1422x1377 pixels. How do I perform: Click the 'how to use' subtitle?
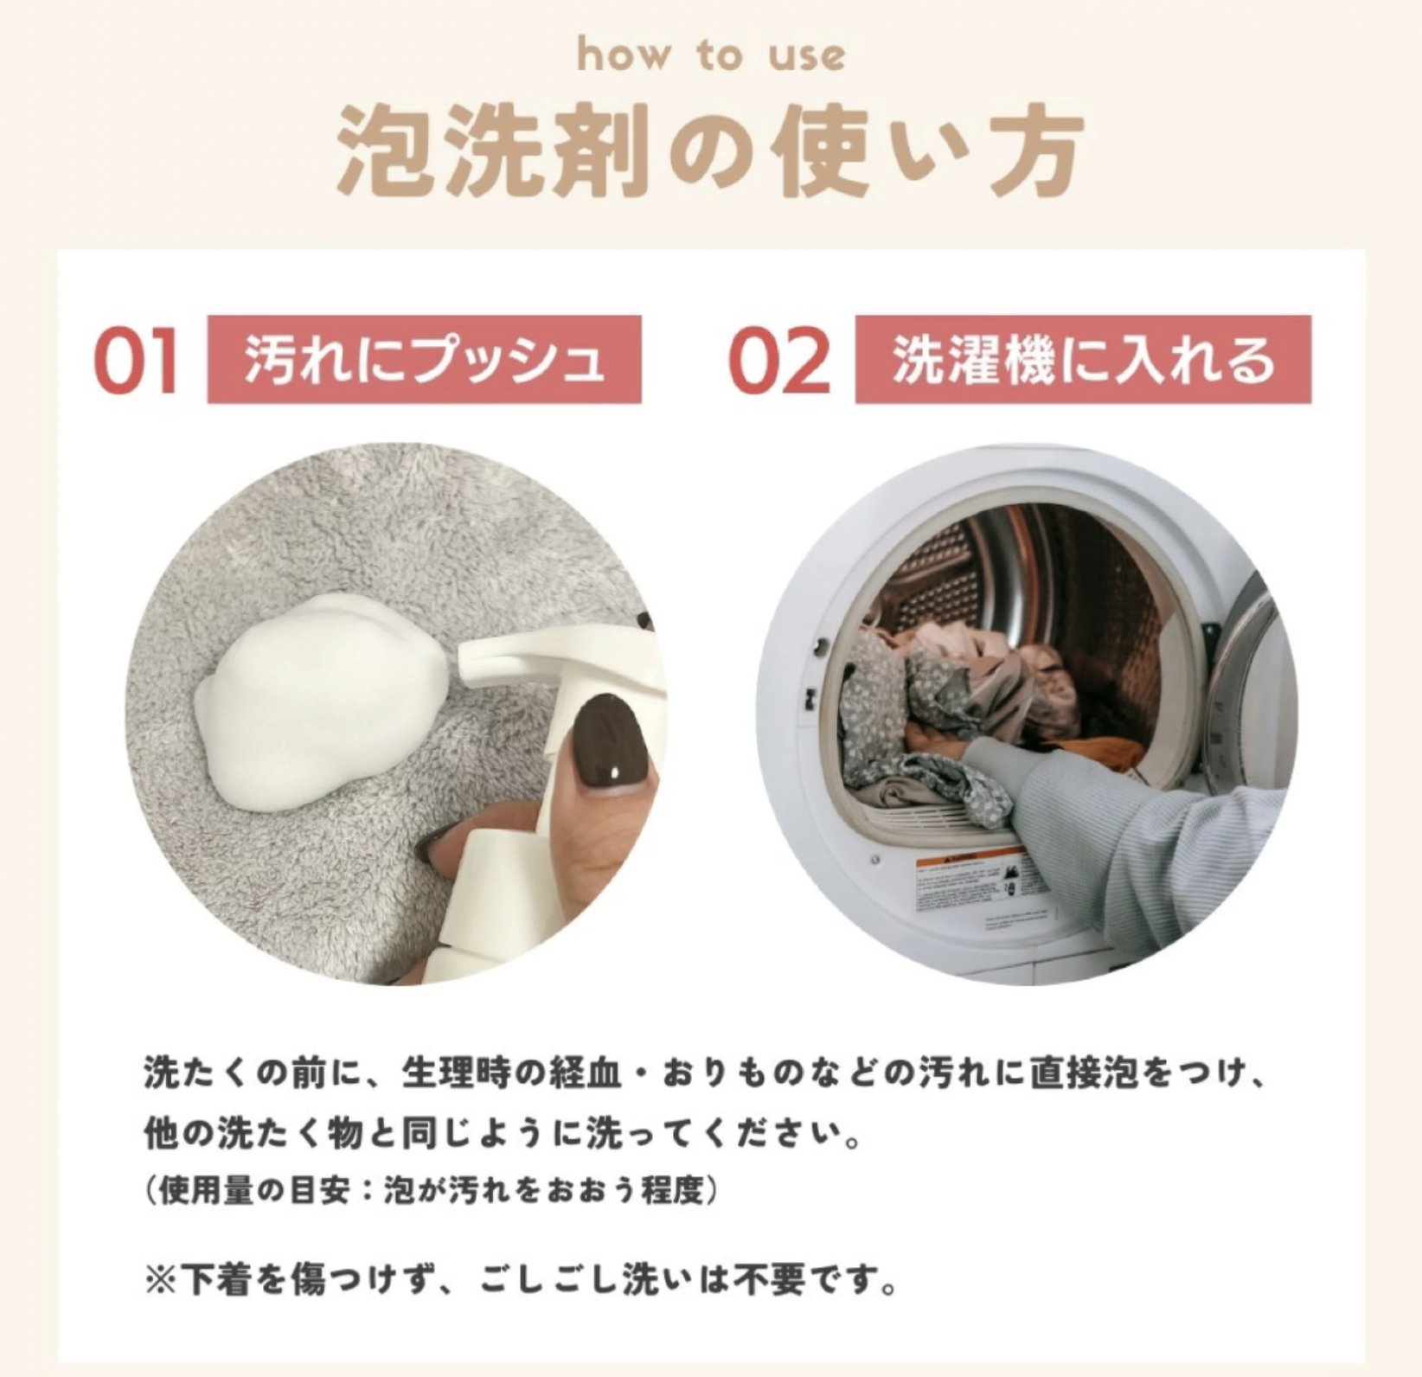(x=710, y=56)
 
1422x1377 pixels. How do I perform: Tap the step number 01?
(x=137, y=360)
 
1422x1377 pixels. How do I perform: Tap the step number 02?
(x=779, y=360)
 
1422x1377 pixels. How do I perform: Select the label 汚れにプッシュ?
(x=424, y=359)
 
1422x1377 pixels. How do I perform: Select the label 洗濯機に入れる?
(x=1083, y=359)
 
